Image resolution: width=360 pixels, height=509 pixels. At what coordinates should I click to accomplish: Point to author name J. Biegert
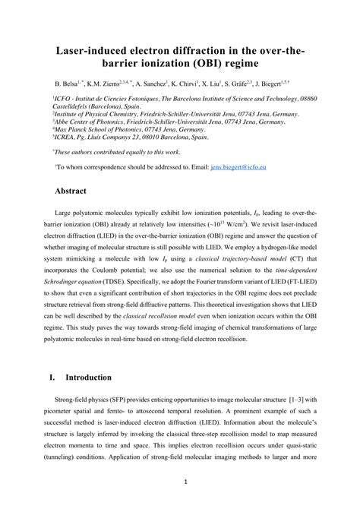click(278, 82)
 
